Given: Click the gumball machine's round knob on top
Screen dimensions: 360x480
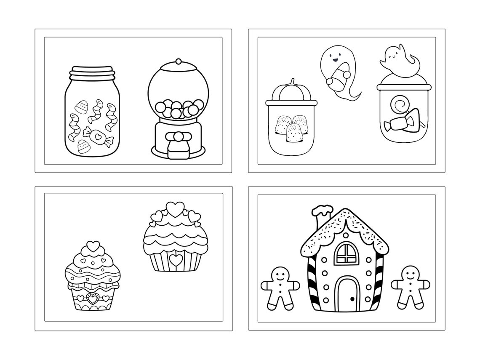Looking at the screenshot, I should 178,61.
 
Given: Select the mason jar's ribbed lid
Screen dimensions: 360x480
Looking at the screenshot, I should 92,72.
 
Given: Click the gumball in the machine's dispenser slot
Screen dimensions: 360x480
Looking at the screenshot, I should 178,136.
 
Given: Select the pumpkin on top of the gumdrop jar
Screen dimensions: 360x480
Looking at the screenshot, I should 291,90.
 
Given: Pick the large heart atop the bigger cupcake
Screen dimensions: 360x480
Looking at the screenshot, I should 175,208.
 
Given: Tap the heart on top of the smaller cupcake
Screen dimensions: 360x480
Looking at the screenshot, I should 93,245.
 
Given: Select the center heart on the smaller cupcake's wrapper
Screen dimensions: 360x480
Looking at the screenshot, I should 93,299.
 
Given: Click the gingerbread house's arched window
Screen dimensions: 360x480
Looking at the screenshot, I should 346,253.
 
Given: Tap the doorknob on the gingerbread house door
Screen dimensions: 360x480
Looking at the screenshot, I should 352,299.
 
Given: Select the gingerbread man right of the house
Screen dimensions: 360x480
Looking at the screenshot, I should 410,287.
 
